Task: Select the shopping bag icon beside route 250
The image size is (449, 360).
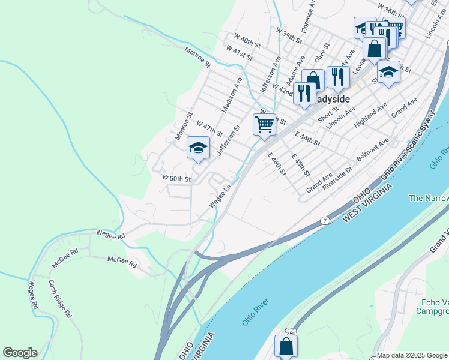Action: coord(286,347)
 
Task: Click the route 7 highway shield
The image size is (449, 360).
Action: coord(325,221)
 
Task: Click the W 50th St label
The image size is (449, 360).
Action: coord(176,178)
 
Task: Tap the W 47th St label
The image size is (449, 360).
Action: coord(209,127)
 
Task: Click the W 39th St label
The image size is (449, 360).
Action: coord(289,34)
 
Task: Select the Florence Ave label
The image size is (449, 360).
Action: coord(308,16)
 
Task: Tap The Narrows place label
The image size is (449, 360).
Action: coord(428,198)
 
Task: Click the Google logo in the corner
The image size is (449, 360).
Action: coord(20,353)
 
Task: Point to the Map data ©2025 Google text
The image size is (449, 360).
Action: coord(412,355)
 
